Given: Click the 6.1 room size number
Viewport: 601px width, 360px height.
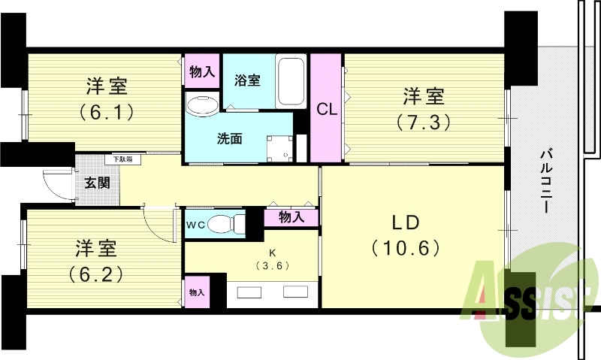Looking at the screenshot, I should (x=107, y=113).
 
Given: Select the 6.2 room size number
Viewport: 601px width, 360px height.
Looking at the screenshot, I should (x=95, y=272).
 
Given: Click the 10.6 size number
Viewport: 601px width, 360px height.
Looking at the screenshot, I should (x=405, y=247).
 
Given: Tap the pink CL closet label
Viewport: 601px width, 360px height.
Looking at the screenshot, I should (x=326, y=110).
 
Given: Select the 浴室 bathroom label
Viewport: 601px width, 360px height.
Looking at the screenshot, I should (x=247, y=80).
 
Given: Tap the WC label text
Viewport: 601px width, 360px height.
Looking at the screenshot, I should (x=195, y=224).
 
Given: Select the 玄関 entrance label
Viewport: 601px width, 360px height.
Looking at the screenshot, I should (x=96, y=183).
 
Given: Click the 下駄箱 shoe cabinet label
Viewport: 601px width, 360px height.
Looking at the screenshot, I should (x=122, y=159).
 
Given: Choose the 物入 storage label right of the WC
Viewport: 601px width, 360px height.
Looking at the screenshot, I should (x=291, y=217).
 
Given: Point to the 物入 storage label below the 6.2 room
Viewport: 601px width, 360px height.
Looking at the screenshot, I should (x=196, y=292).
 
